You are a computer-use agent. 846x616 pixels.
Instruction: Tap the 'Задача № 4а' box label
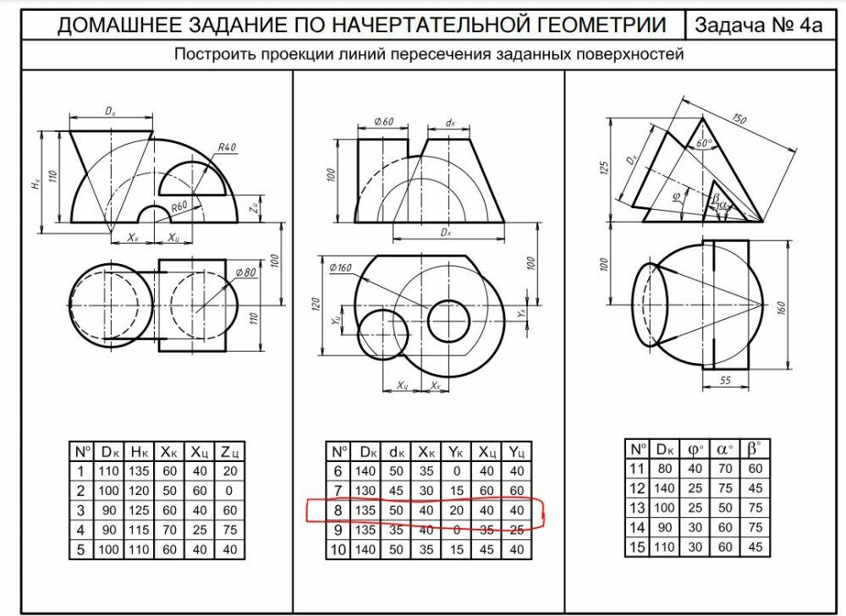758,25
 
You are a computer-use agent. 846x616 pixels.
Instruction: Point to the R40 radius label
227,147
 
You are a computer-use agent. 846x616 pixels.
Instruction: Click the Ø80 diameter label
246,272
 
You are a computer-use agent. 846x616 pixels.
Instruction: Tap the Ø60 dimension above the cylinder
384,122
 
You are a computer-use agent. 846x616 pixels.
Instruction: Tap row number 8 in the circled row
338,510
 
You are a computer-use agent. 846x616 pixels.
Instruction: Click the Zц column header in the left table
230,451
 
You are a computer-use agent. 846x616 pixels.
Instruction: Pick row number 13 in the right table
637,507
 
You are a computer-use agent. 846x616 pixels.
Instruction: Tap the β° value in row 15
755,547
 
